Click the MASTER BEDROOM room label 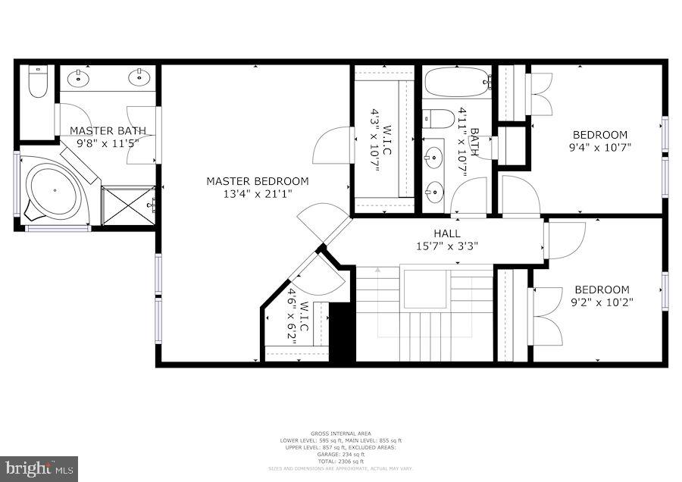tap(258, 181)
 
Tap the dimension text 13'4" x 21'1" tap(258, 194)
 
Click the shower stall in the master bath tap(129, 205)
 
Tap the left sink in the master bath tap(78, 77)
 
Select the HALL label tap(446, 233)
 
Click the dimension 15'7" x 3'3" tap(446, 246)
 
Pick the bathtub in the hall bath tap(457, 82)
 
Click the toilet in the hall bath tap(437, 118)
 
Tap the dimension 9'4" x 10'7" tap(600, 147)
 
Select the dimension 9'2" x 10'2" tap(602, 302)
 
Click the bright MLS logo tap(39, 468)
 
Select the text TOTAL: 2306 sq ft tap(341, 461)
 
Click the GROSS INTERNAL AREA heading tap(341, 434)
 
